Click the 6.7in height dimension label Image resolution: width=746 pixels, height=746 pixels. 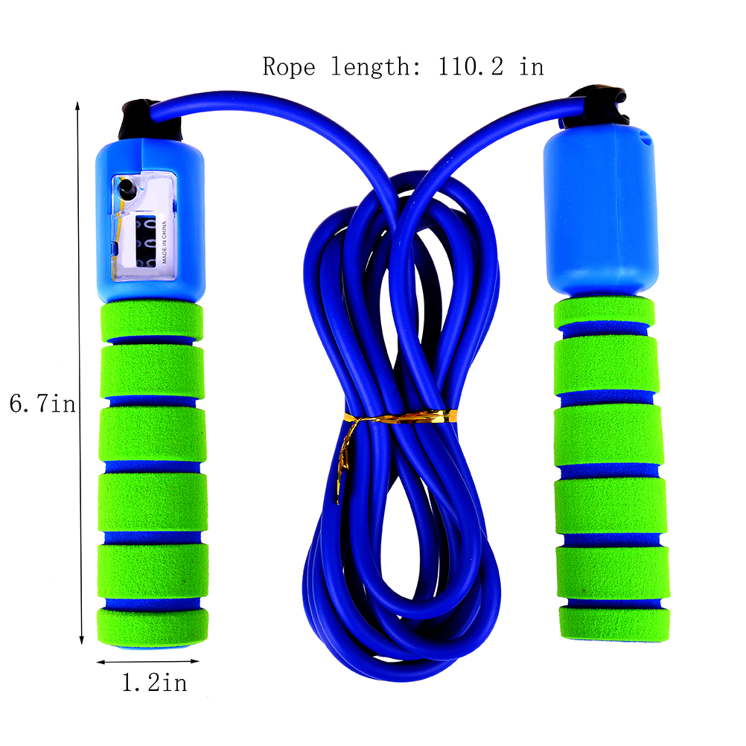click(x=43, y=404)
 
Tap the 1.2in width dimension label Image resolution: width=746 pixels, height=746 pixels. click(x=155, y=683)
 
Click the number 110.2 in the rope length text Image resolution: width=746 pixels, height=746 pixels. click(x=470, y=66)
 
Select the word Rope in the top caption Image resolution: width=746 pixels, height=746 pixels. click(x=289, y=66)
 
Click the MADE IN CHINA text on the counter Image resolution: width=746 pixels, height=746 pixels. click(x=165, y=242)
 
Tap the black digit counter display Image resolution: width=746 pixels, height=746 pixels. click(x=146, y=241)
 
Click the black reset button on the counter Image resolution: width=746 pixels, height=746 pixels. click(x=127, y=188)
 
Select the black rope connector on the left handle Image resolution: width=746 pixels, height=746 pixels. click(x=150, y=120)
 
